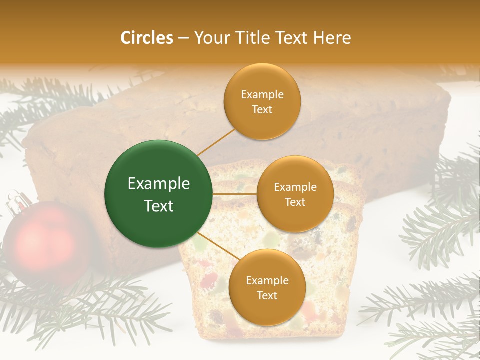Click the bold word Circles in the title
(146, 38)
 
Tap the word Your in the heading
(210, 38)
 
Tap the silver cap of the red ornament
(18, 200)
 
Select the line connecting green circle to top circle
(216, 142)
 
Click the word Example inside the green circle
(159, 184)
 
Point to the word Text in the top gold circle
(262, 110)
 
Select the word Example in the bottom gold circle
(267, 281)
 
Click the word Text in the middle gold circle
(295, 202)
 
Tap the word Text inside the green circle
(159, 206)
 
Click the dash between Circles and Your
(183, 38)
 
